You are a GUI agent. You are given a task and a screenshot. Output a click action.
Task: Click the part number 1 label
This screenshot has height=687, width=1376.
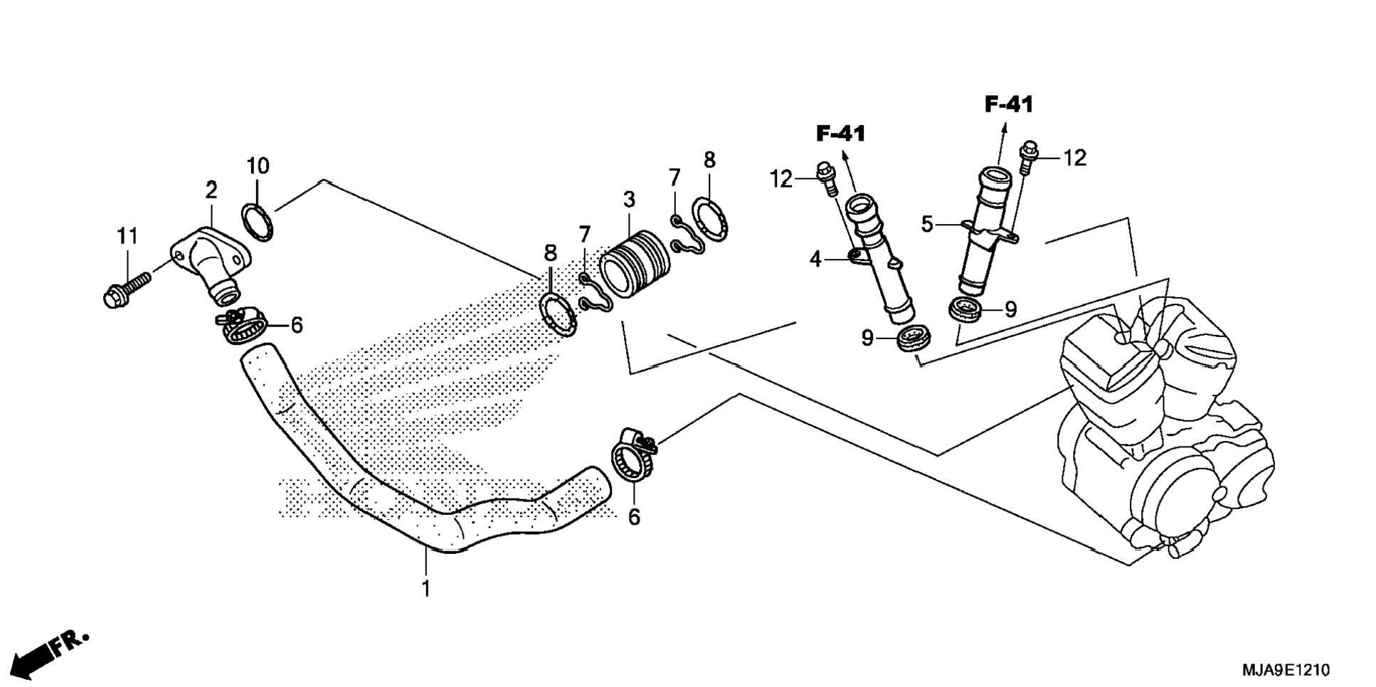426,589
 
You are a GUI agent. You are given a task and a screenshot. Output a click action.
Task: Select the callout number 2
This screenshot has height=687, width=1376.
211,191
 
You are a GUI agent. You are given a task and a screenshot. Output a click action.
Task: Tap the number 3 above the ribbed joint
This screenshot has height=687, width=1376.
629,200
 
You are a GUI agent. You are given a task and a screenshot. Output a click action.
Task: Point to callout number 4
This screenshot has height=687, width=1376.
815,260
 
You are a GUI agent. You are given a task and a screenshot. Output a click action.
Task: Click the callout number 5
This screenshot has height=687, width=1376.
926,225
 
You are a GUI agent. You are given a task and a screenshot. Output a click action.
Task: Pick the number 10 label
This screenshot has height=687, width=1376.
258,166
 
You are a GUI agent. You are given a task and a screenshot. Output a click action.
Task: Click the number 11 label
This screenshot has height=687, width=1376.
127,236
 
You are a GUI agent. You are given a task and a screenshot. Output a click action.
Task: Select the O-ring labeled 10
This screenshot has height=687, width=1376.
258,221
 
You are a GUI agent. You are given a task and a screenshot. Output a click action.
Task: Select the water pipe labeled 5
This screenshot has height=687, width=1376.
985,228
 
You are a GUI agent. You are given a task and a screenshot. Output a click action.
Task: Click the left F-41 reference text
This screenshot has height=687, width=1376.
840,133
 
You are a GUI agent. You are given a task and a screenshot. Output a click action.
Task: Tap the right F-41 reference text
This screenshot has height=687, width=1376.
1009,105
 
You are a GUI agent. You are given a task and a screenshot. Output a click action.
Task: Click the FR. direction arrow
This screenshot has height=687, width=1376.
50,651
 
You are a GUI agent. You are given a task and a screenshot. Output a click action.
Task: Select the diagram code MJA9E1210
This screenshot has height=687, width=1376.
1286,670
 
